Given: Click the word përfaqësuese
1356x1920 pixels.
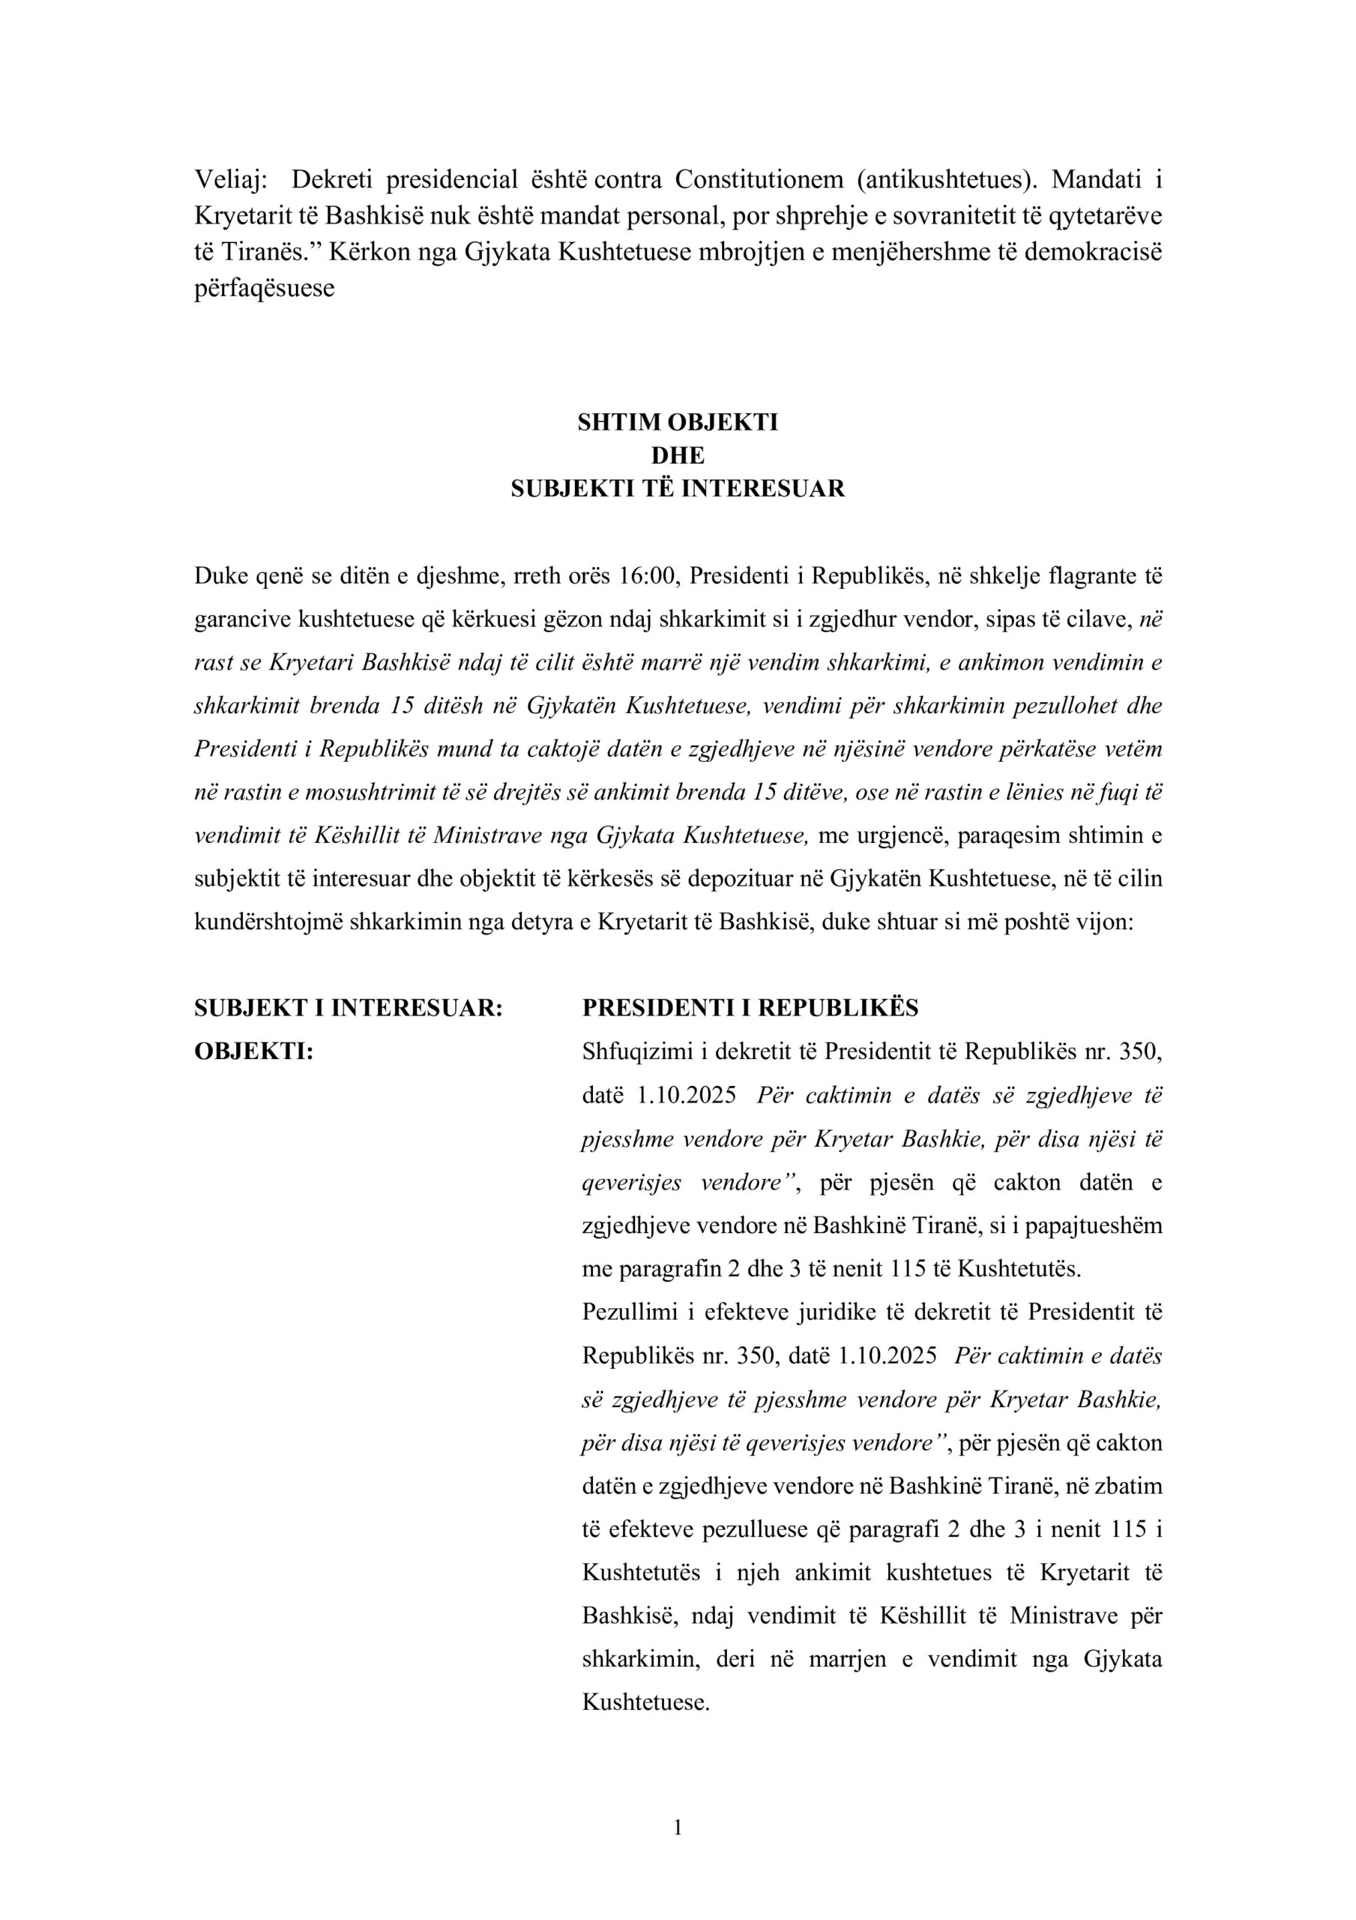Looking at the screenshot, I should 264,289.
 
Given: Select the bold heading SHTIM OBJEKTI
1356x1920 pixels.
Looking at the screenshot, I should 677,422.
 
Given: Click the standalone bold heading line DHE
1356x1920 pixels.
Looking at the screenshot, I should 677,456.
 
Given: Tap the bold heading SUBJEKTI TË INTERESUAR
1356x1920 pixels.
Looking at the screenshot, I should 677,489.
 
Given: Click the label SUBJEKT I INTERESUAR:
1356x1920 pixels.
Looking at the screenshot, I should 349,1009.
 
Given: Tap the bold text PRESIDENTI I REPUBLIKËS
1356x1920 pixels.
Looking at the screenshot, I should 750,1009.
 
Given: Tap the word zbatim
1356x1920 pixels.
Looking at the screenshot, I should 1128,1485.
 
